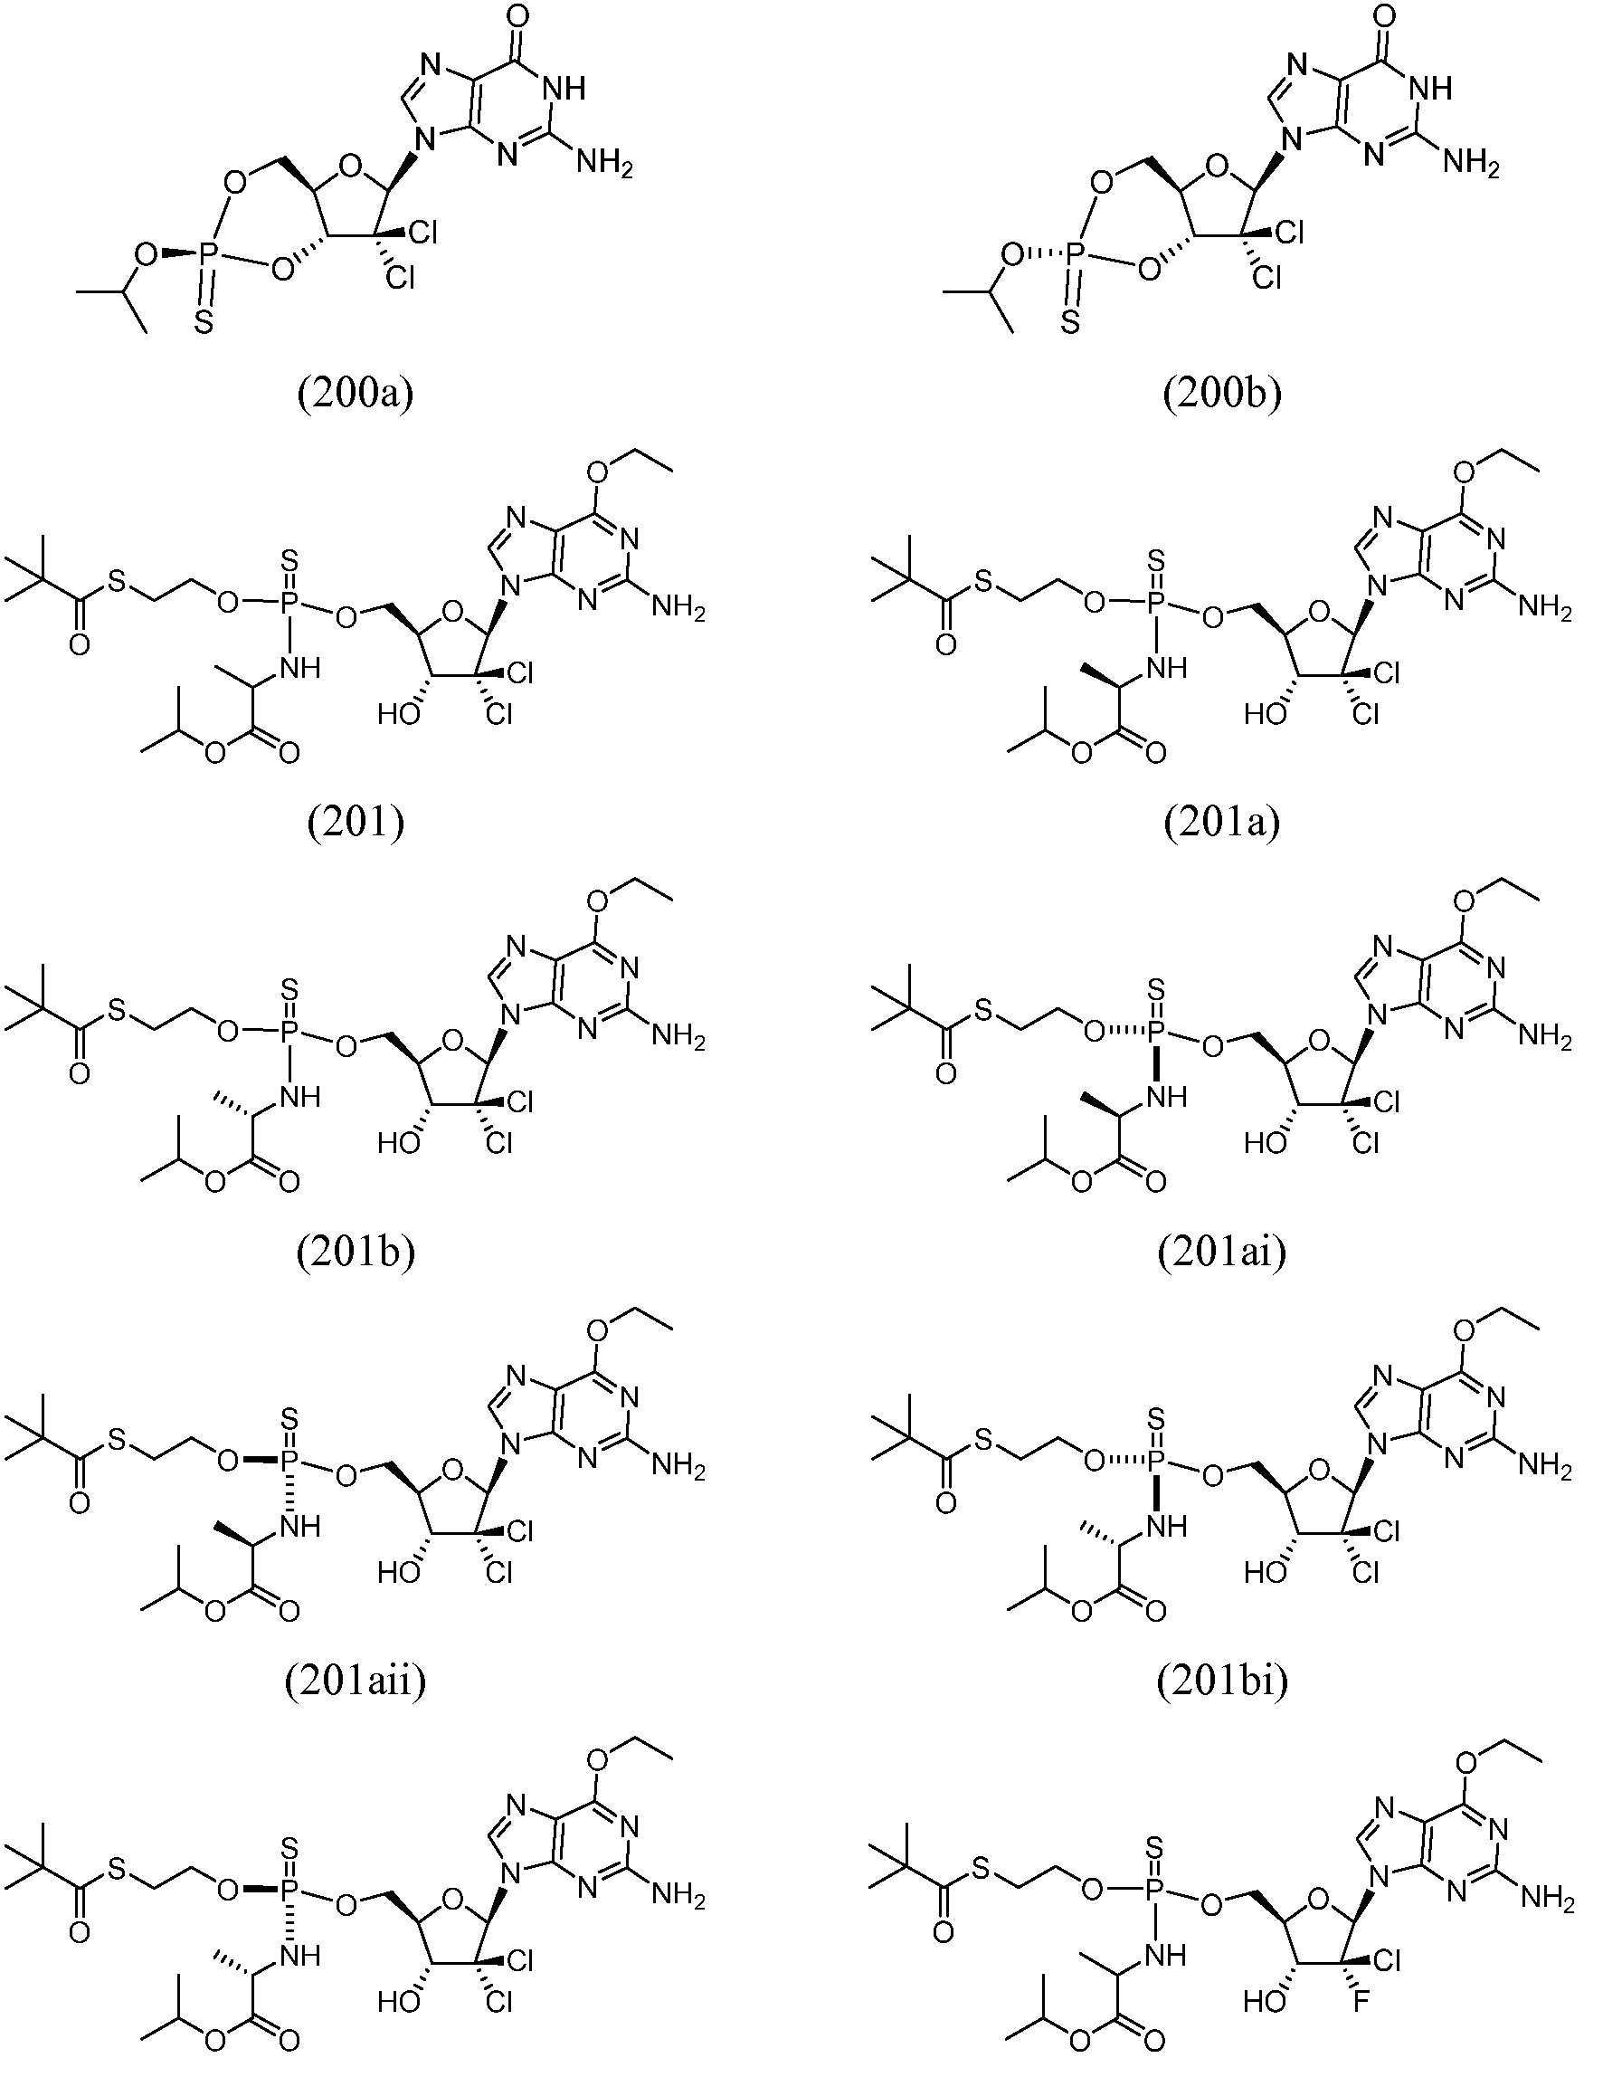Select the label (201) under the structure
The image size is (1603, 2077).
point(356,823)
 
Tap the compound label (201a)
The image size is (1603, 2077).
point(1222,823)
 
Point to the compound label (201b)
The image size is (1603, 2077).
point(356,1253)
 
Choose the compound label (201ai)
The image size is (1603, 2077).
point(1222,1253)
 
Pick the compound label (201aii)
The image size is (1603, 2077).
point(356,1682)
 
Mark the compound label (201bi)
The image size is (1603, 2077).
point(1222,1682)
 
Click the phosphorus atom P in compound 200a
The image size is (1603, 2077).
point(206,254)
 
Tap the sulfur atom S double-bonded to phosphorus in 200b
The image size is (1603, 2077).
point(1069,324)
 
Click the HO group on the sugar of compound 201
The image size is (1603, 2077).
point(399,714)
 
